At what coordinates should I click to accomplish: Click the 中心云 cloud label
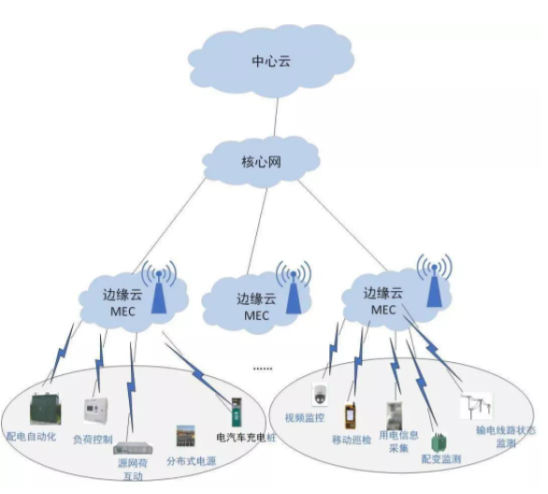[273, 62]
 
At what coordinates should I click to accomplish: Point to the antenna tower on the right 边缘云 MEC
[432, 284]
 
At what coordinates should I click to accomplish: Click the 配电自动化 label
[32, 436]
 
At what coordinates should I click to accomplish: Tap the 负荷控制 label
[93, 439]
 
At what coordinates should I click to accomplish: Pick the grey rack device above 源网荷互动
[132, 446]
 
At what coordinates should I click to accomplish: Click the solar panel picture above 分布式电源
[185, 436]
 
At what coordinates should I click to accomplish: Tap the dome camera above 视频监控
[320, 393]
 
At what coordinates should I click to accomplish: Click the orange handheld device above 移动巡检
[352, 414]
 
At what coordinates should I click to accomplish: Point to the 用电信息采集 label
[397, 441]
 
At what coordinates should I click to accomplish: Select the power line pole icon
[475, 406]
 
